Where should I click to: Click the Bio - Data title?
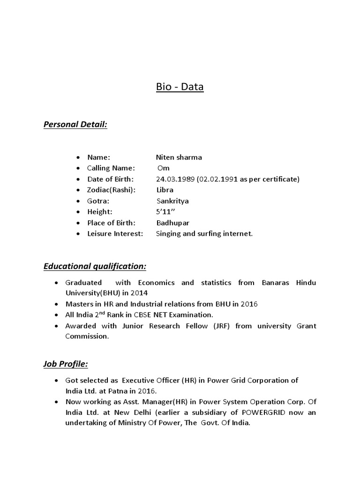pyautogui.click(x=180, y=87)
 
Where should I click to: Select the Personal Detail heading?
pyautogui.click(x=75, y=125)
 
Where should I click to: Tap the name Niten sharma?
pyautogui.click(x=179, y=157)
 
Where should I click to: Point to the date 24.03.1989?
pyautogui.click(x=175, y=179)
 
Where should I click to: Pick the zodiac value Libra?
pyautogui.click(x=165, y=190)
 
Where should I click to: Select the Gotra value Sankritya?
pyautogui.click(x=172, y=201)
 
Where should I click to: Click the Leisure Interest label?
pyautogui.click(x=115, y=233)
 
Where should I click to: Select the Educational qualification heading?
pyautogui.click(x=95, y=266)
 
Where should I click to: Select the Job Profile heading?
pyautogui.click(x=66, y=364)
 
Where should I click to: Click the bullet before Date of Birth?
pyautogui.click(x=77, y=180)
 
